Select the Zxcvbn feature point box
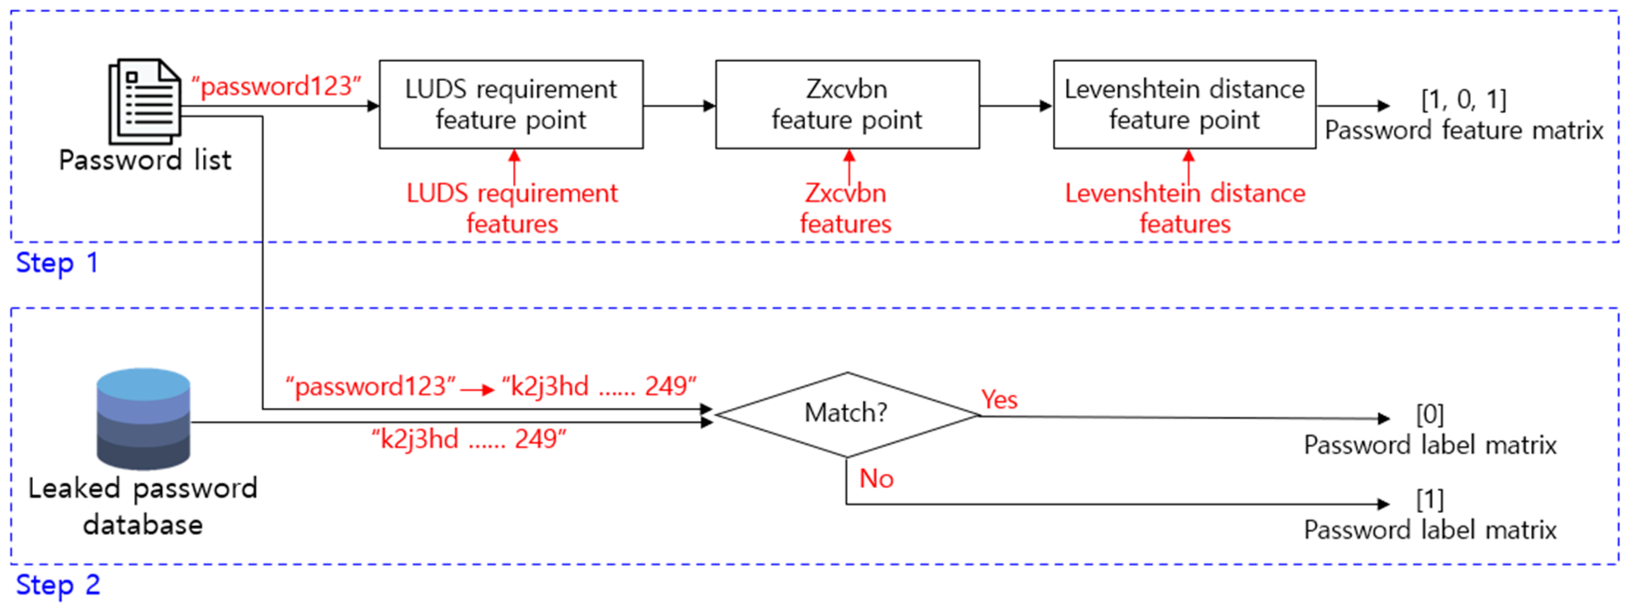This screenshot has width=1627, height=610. (x=847, y=104)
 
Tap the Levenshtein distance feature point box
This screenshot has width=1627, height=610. (x=1184, y=104)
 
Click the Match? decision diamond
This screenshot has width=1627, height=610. (x=846, y=414)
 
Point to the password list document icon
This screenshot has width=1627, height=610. (x=144, y=101)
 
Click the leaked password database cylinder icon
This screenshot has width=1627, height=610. (x=143, y=418)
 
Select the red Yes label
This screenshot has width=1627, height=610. (x=998, y=400)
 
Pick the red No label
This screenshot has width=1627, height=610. (x=876, y=478)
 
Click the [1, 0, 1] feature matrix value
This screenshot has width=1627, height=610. (x=1463, y=99)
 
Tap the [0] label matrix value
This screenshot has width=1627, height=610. (x=1430, y=414)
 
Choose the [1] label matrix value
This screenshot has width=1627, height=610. (x=1430, y=499)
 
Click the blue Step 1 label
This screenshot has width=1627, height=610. (x=57, y=263)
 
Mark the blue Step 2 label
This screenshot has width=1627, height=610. (x=57, y=585)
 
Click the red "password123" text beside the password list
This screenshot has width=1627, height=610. (x=276, y=86)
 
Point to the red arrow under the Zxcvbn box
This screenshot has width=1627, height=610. (x=849, y=166)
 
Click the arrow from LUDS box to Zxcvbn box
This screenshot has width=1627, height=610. (x=679, y=106)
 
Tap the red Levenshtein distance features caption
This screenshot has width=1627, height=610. (x=1184, y=208)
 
